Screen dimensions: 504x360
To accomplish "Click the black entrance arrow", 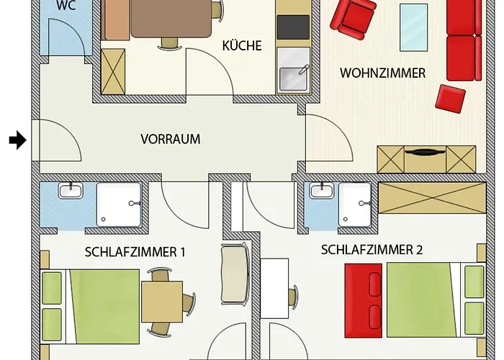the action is point(18,140).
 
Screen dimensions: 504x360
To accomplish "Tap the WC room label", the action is point(66,5).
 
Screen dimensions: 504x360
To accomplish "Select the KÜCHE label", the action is point(242,46).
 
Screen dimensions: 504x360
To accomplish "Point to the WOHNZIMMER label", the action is point(382,73).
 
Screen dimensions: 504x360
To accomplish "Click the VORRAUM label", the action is point(171,139).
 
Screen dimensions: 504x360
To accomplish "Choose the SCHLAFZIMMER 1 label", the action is point(135,252).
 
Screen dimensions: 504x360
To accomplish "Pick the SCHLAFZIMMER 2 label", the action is point(372,250).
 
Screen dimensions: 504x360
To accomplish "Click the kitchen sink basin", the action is point(293,78).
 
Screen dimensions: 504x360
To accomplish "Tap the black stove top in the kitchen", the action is point(293,27).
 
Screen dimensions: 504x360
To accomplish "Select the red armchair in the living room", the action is point(354,18).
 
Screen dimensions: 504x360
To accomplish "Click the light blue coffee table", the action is point(413,27).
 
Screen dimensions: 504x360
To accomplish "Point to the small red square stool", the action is point(450,99).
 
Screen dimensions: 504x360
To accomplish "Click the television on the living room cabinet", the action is point(425,153).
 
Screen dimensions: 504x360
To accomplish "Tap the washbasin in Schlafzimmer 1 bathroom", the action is point(71,190).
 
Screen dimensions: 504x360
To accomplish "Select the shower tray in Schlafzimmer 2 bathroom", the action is point(355,204).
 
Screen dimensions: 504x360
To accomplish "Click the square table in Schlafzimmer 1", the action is point(162,302).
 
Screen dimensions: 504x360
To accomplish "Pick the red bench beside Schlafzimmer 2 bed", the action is point(364,300).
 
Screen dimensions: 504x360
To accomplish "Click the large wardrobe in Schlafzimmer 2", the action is point(432,198).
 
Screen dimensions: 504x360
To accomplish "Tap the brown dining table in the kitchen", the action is point(171,18).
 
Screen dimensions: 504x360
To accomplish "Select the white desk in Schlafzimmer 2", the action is point(274,288).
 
